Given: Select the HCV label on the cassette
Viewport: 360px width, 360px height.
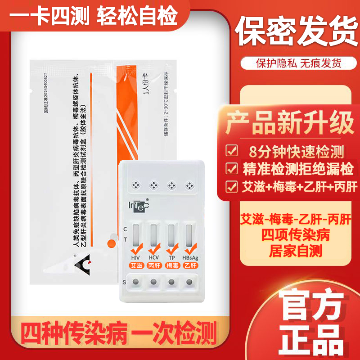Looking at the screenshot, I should pyautogui.click(x=153, y=257).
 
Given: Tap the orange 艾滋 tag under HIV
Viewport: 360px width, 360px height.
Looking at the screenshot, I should pyautogui.click(x=135, y=265).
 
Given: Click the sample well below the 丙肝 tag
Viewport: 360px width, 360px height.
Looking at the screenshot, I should pyautogui.click(x=153, y=282).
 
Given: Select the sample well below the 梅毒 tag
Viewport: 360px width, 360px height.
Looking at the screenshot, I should pyautogui.click(x=171, y=282).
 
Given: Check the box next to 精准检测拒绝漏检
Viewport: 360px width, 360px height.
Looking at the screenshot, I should pyautogui.click(x=232, y=169).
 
